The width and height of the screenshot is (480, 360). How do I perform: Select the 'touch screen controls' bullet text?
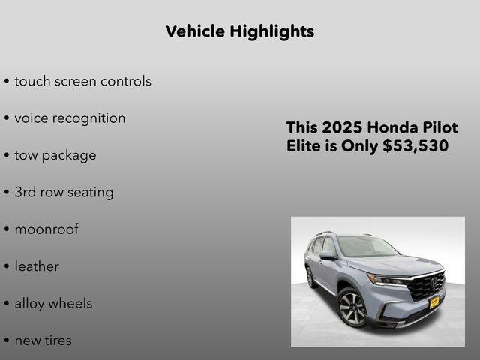[82, 81]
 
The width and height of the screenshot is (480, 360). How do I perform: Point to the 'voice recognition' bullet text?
[70, 118]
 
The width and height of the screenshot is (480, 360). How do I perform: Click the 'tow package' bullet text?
[55, 155]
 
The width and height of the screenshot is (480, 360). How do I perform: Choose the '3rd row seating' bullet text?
[64, 192]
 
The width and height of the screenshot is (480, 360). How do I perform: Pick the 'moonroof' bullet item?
[46, 229]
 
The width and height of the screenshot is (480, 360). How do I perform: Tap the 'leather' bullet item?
[37, 266]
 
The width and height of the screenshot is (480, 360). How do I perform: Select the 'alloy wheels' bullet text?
[53, 303]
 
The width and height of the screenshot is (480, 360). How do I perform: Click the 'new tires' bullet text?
[43, 340]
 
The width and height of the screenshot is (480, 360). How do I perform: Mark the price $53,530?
[415, 146]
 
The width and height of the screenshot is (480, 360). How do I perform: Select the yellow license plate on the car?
[433, 301]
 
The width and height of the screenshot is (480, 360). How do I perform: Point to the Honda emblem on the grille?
[433, 283]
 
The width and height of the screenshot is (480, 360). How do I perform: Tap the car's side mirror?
[328, 256]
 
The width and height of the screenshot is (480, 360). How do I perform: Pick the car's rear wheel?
[310, 277]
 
